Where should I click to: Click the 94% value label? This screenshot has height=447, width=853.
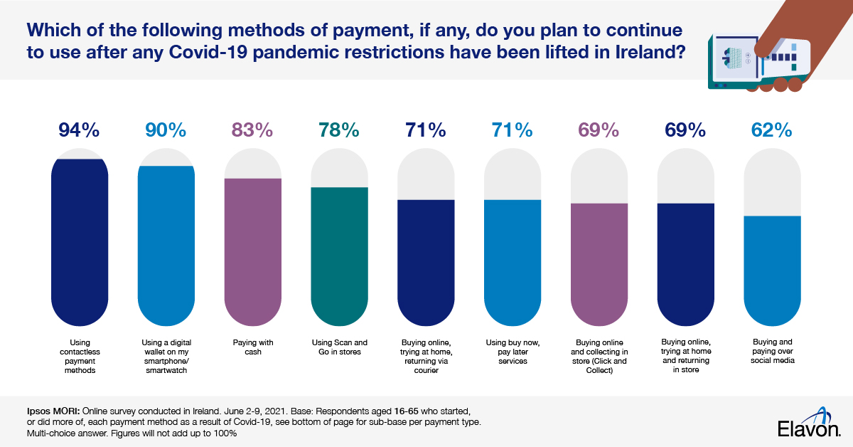tap(80, 130)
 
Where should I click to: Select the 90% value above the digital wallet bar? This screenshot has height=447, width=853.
tap(166, 130)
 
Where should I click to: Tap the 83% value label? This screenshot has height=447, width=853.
tap(252, 130)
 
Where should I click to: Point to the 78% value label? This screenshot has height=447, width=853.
tap(339, 130)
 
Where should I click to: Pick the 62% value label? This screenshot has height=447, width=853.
tap(771, 130)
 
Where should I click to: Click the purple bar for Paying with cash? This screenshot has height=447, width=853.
tap(253, 249)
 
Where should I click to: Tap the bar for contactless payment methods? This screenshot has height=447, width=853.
tap(80, 242)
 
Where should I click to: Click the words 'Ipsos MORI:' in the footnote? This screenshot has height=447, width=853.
tap(45, 411)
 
